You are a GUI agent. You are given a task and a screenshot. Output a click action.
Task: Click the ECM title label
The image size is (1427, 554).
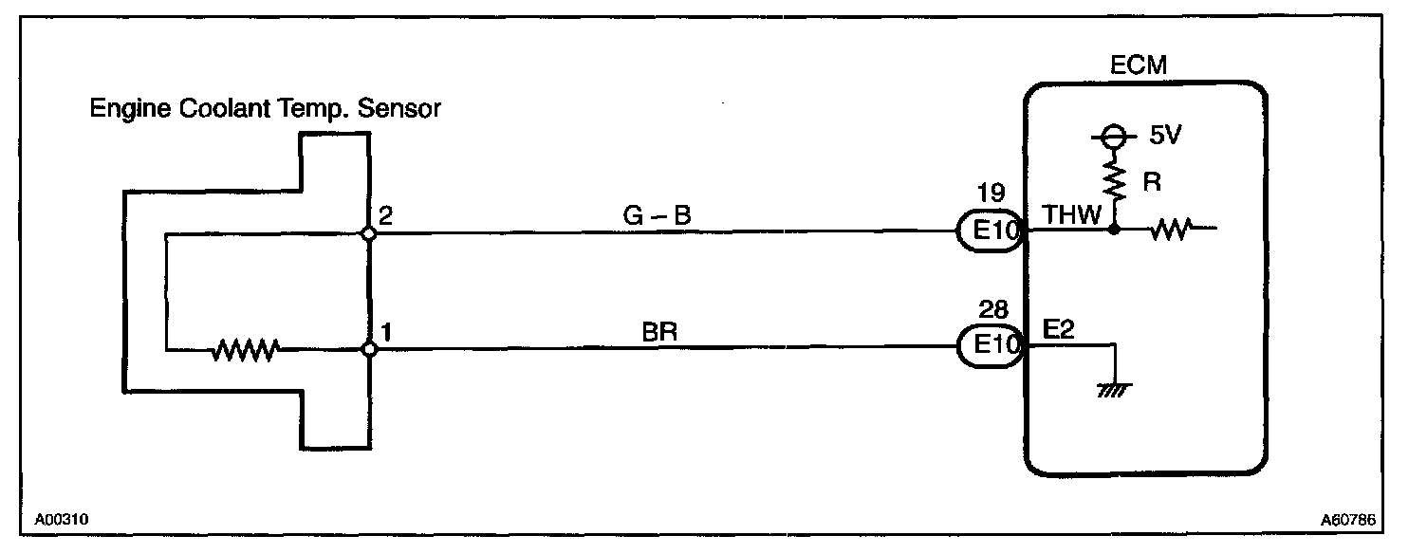(1138, 65)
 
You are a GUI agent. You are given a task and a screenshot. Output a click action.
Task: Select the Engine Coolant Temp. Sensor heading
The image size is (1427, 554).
(265, 110)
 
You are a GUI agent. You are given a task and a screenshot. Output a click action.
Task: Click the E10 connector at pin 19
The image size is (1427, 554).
(989, 231)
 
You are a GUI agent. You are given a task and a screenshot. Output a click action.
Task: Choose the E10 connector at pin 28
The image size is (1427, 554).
(989, 348)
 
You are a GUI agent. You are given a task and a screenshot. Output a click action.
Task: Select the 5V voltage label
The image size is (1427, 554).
(1164, 136)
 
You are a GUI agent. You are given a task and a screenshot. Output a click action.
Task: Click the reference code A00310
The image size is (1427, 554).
(63, 521)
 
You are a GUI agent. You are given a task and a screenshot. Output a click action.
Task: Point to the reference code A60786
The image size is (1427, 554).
(1348, 521)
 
